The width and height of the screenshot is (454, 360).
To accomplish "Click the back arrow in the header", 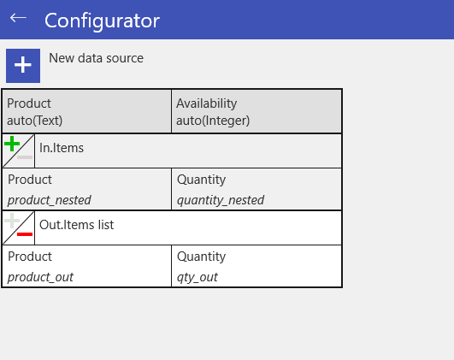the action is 18,18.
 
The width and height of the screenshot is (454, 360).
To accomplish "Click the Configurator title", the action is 102,21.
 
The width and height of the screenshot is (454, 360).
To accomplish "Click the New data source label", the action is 96,58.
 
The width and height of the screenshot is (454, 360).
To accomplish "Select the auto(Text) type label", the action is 35,121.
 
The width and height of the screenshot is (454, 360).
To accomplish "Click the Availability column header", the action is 206,103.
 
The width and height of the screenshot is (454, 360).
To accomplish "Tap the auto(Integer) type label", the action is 213,121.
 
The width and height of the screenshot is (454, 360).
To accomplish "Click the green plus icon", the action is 12,144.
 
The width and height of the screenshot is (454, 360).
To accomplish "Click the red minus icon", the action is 25,234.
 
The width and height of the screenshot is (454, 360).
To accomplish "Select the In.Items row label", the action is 62,148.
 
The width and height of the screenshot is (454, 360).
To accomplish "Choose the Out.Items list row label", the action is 76,225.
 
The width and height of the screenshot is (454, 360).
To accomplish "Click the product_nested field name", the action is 50,200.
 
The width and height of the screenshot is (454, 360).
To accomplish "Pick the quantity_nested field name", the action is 221,200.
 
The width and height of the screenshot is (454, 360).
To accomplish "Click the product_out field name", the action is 40,277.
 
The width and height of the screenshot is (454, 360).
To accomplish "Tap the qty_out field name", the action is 198,277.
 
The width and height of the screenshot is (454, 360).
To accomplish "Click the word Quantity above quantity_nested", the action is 201,180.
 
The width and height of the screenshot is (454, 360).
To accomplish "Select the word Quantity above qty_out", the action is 201,257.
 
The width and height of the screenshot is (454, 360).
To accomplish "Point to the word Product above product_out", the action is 30,257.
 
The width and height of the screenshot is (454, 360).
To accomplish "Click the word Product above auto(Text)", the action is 29,103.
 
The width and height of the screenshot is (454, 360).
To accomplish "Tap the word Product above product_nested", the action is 30,180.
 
